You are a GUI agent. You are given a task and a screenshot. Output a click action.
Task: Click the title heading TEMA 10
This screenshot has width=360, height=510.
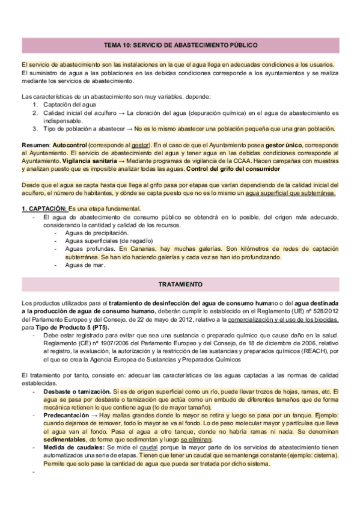pyautogui.click(x=180, y=45)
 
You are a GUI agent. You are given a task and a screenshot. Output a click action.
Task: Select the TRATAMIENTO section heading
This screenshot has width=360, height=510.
pyautogui.click(x=180, y=282)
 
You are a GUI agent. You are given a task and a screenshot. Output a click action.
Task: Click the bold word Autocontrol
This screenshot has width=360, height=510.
pyautogui.click(x=70, y=146)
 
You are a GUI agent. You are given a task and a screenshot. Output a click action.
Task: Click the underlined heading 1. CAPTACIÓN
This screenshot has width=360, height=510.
pyautogui.click(x=44, y=208)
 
